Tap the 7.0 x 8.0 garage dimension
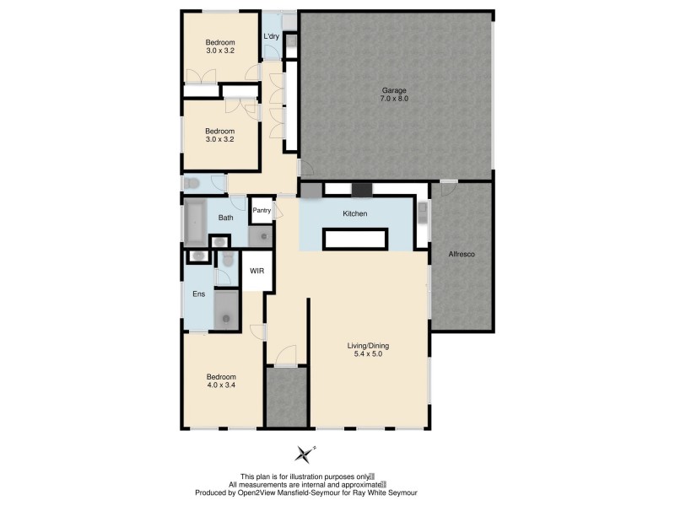(x=394, y=99)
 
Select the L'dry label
(x=272, y=36)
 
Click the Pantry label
(x=262, y=211)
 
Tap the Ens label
(x=198, y=293)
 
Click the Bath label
(x=225, y=218)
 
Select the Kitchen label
(x=354, y=214)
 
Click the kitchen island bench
(x=355, y=240)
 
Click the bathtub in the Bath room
(x=196, y=222)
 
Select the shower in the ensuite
(x=226, y=309)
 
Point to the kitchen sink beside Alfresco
(x=422, y=218)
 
